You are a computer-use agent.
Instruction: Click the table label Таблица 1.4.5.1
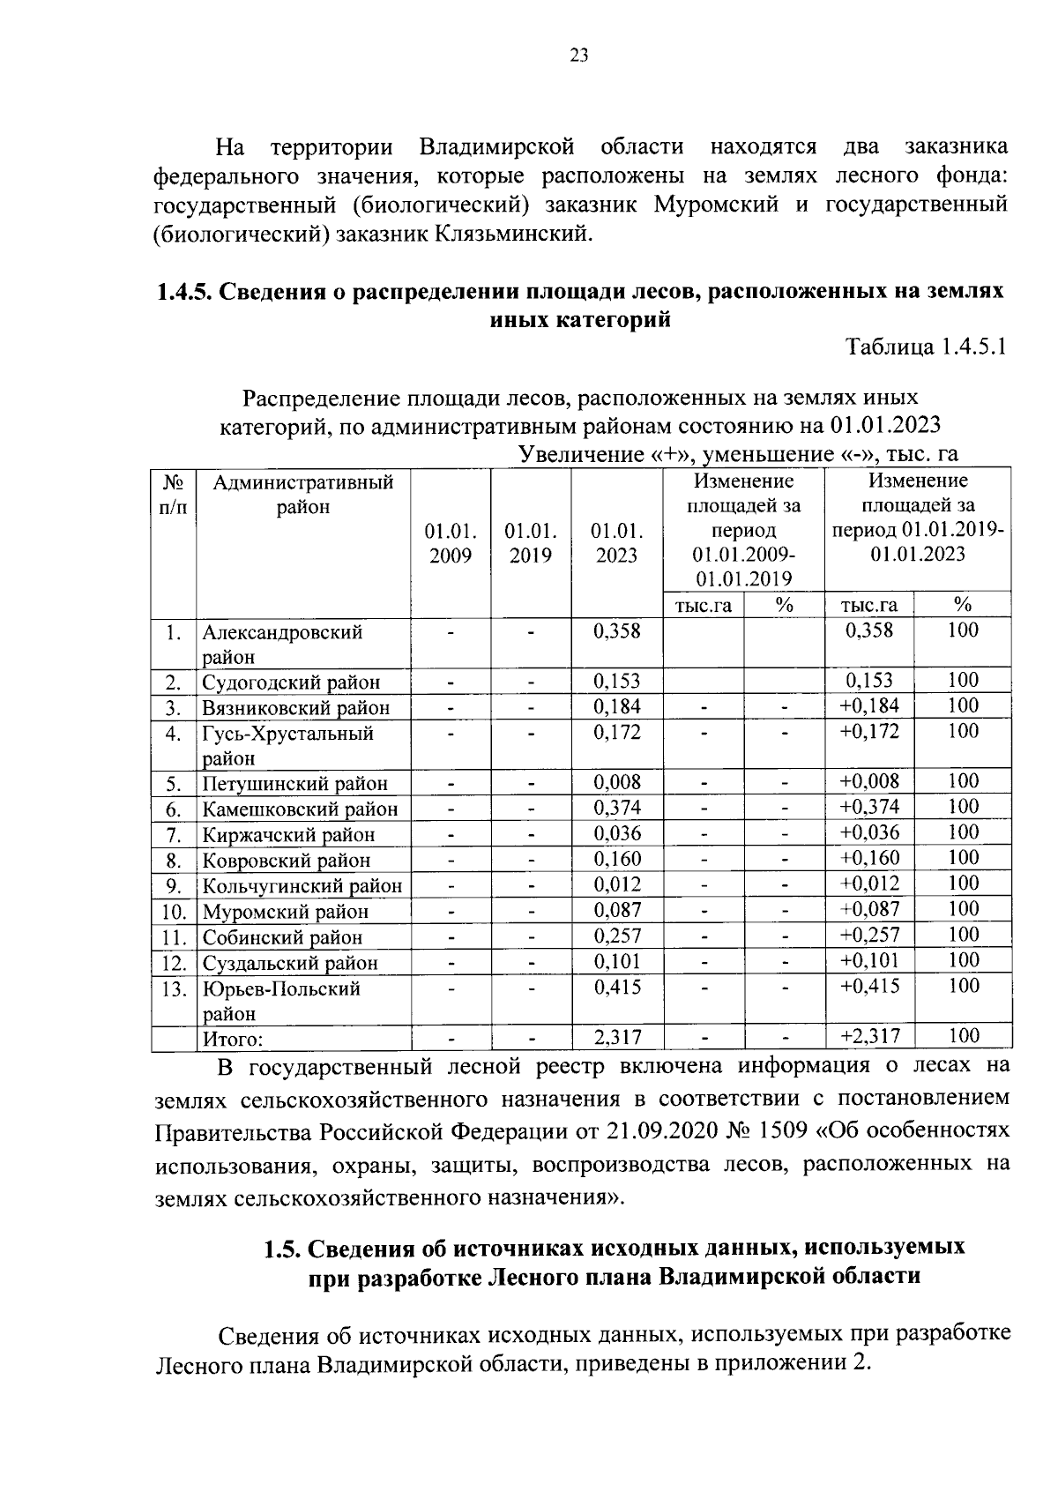[926, 347]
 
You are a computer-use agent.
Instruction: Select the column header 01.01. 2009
[451, 543]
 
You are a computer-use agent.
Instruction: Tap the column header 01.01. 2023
[617, 543]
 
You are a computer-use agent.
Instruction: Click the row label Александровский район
[281, 645]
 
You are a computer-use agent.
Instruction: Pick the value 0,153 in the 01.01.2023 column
[617, 682]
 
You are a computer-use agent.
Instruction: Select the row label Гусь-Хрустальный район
[287, 745]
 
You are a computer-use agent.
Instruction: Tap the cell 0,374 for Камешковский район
[617, 808]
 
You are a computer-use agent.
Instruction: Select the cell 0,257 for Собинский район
[617, 936]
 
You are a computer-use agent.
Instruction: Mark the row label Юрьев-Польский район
[281, 1001]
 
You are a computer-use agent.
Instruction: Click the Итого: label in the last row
[233, 1039]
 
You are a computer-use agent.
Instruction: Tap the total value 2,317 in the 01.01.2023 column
[617, 1038]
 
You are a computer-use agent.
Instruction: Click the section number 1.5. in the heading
[283, 1248]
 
